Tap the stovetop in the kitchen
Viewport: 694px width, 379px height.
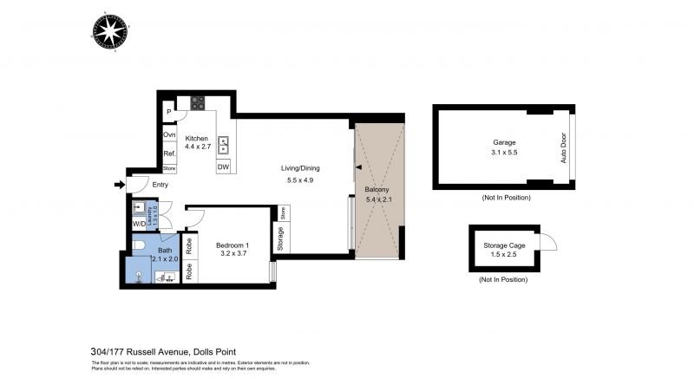[198, 103]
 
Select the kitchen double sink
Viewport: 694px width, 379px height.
[223, 144]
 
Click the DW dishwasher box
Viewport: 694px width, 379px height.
[223, 167]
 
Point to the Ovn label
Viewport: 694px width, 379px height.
[169, 134]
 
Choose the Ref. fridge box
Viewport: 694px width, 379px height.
[169, 154]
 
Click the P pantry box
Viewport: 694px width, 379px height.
[169, 113]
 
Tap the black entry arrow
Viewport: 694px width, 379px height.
[118, 184]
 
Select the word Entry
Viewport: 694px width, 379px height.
[160, 185]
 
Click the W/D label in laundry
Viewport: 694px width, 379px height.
[139, 224]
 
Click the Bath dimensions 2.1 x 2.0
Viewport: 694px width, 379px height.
[165, 259]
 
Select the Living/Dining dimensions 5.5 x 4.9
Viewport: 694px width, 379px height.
[299, 180]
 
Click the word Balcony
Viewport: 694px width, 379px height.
[376, 189]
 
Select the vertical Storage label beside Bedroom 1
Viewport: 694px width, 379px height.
[280, 239]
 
